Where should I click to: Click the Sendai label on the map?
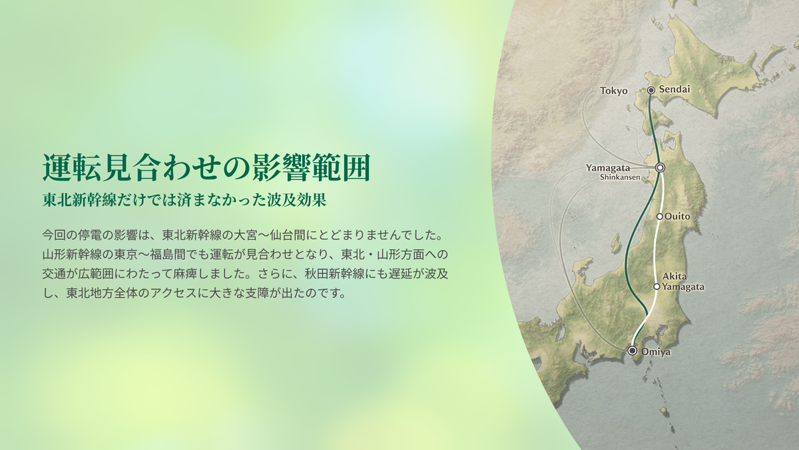(674, 89)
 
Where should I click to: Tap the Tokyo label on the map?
(613, 91)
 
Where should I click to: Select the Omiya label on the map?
(656, 352)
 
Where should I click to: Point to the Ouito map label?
(677, 217)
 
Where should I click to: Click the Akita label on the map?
(674, 276)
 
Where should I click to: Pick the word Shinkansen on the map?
(620, 177)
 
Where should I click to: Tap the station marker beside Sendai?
(651, 91)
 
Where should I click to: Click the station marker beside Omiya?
(633, 351)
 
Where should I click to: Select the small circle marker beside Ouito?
(660, 217)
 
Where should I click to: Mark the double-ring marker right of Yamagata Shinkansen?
(661, 167)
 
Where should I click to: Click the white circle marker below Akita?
(657, 287)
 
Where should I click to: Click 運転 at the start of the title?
(71, 167)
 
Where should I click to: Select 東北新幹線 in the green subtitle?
(79, 200)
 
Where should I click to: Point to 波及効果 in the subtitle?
(297, 200)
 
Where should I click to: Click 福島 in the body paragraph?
(162, 254)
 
